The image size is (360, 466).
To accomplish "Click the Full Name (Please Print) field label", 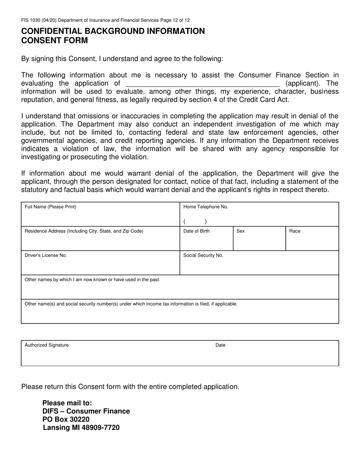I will coord(50,207).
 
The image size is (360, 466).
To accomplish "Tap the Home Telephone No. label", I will coord(206,207).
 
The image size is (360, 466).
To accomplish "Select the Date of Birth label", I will coord(196,231).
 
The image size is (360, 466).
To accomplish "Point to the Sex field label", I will coord(241,231).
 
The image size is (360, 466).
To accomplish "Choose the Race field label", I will coord(295,231).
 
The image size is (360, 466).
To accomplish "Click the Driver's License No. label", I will coord(46,255).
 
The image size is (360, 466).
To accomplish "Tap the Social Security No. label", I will coord(203,255).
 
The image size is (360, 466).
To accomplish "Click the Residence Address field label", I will coord(84,231).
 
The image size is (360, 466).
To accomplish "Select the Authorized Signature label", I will coord(47,345).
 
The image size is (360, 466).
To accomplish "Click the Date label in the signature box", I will coord(221,345).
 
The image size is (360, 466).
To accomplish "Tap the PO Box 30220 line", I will coord(66,419).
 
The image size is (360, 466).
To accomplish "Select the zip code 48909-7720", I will coord(100,428).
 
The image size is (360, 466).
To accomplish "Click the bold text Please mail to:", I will coord(67,403).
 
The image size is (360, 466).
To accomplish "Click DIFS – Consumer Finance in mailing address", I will coord(86,411).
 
